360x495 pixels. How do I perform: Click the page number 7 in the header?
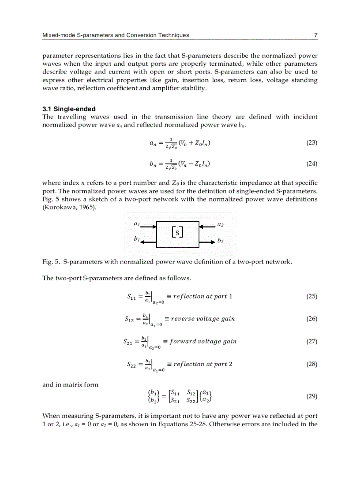pyautogui.click(x=315, y=35)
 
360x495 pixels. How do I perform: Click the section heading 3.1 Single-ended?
pyautogui.click(x=69, y=109)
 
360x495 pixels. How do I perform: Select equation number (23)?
pyautogui.click(x=311, y=142)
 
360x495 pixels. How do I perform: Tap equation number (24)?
pyautogui.click(x=311, y=164)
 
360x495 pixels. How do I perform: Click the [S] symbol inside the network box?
pyautogui.click(x=177, y=232)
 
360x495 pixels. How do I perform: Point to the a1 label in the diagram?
pyautogui.click(x=137, y=224)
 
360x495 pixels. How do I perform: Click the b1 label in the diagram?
pyautogui.click(x=137, y=238)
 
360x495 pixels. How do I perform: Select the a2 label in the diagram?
pyautogui.click(x=220, y=224)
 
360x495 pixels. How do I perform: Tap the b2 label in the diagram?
pyautogui.click(x=221, y=241)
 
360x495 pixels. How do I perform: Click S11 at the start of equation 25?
pyautogui.click(x=131, y=297)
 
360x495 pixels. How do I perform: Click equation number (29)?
pyautogui.click(x=311, y=396)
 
